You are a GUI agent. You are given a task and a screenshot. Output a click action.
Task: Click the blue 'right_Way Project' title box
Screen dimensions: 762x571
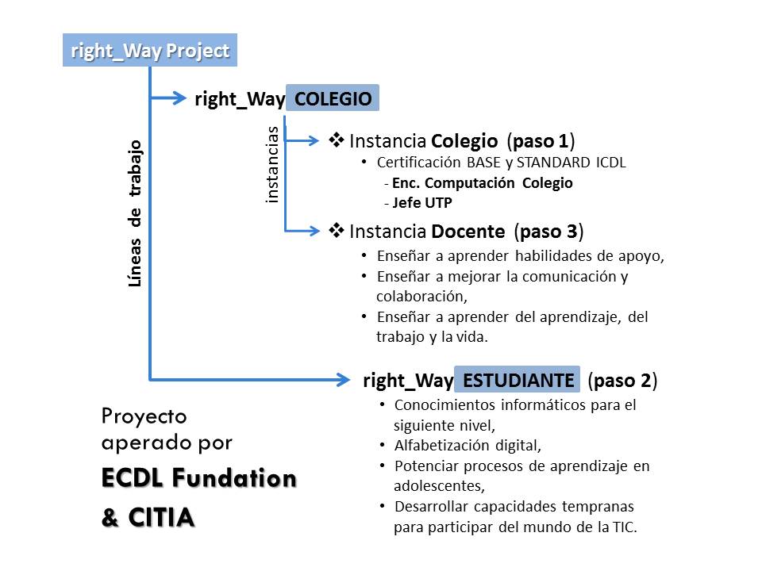[150, 50]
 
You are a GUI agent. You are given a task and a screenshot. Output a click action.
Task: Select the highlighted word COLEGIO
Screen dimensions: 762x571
[333, 98]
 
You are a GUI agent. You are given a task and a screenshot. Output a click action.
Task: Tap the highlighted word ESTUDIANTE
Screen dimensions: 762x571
[518, 380]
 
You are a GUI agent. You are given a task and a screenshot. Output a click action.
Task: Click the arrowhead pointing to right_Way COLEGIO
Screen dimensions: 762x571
[179, 98]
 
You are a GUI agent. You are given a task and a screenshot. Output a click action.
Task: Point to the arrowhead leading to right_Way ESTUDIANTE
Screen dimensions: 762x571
[342, 380]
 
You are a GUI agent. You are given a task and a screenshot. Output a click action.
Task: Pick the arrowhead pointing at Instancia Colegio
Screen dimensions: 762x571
[313, 141]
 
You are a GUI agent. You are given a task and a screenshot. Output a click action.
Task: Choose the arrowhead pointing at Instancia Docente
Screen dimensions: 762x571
[314, 231]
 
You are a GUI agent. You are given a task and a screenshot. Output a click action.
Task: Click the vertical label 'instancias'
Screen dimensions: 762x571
[272, 164]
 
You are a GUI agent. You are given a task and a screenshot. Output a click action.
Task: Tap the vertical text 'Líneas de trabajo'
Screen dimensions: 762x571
[135, 213]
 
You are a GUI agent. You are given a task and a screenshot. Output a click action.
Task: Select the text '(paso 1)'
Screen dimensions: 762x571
[541, 141]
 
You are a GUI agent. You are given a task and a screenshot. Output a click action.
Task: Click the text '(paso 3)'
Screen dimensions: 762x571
[548, 231]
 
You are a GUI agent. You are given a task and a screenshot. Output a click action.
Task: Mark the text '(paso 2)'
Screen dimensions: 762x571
[622, 380]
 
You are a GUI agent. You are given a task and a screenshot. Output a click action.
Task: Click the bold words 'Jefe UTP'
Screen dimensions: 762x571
[422, 202]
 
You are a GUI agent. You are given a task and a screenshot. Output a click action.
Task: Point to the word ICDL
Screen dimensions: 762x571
[611, 162]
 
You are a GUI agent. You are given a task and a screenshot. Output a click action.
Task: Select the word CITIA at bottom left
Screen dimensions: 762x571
[161, 517]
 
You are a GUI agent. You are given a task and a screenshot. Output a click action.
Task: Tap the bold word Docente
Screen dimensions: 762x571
[468, 231]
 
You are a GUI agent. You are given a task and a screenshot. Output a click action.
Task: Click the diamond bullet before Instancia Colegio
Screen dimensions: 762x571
[337, 140]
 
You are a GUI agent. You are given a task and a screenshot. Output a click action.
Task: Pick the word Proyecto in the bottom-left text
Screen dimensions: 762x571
[144, 417]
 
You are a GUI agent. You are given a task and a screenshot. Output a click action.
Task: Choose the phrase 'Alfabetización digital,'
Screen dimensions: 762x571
[468, 445]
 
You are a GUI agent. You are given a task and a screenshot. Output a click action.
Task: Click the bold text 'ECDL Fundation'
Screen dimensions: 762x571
[199, 477]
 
